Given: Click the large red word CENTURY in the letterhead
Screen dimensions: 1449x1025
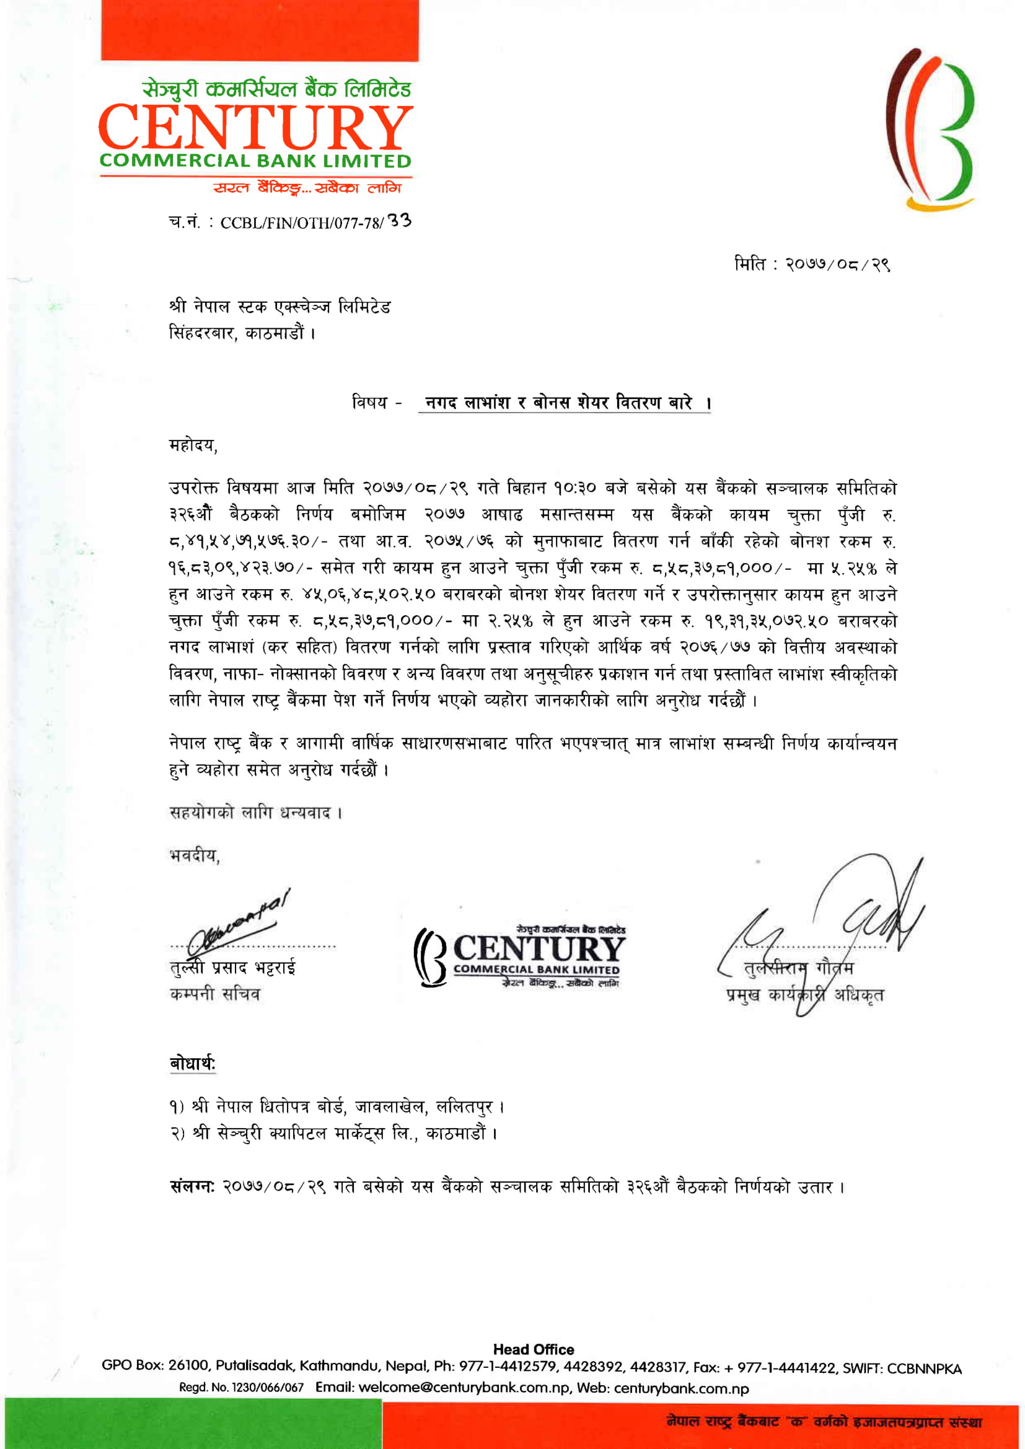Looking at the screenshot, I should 255,128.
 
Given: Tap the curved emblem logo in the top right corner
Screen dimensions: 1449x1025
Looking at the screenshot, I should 930,129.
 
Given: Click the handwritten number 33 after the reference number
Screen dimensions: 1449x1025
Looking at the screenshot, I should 399,221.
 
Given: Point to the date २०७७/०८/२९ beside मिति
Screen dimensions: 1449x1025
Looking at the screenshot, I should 838,264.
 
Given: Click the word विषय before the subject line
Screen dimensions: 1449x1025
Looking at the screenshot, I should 370,402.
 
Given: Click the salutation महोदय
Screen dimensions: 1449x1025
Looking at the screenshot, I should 193,445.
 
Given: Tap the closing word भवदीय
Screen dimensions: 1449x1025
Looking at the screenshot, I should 194,856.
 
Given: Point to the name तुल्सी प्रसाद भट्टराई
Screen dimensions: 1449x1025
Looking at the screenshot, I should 233,968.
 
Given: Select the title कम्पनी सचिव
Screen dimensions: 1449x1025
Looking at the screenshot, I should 215,995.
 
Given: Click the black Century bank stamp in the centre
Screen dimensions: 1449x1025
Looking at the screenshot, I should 519,956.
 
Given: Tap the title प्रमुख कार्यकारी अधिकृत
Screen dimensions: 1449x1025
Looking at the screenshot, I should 805,996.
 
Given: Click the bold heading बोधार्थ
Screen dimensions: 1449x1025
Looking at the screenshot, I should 193,1064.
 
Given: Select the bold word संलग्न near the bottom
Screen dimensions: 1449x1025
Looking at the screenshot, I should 193,1186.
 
